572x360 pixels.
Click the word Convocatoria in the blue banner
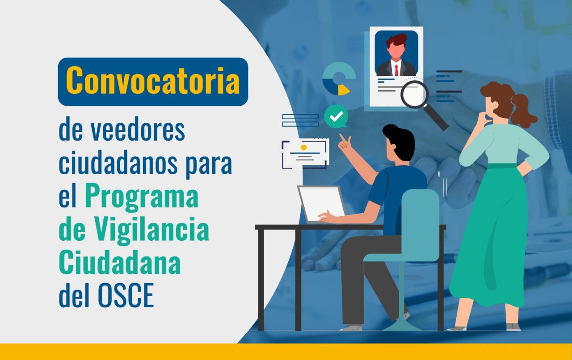coord(153,81)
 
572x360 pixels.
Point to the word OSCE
coord(126,295)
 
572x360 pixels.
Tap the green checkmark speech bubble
coord(336,117)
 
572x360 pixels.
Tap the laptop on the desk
coord(321,204)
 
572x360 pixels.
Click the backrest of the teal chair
coord(421,225)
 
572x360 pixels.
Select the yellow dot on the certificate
coord(303,147)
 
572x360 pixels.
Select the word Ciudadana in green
coord(120,262)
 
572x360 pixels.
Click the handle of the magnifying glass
coord(437,118)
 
